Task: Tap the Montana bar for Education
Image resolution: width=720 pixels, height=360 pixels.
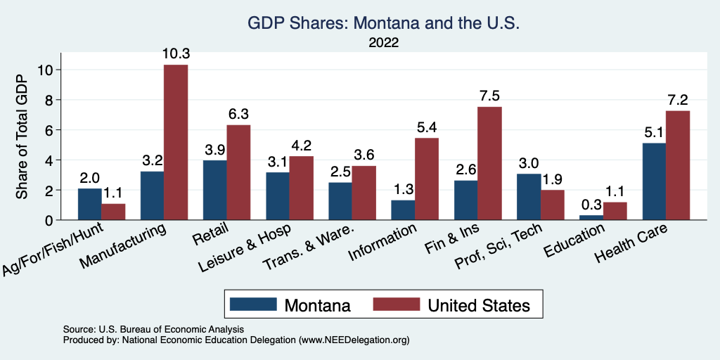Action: pyautogui.click(x=591, y=217)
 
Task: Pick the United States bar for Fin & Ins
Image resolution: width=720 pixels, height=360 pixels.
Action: pyautogui.click(x=490, y=163)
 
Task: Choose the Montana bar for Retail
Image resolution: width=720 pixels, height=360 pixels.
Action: pyautogui.click(x=214, y=190)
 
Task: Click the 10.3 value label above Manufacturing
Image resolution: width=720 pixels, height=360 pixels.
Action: pyautogui.click(x=176, y=54)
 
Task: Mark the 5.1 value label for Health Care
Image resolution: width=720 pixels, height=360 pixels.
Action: pyautogui.click(x=654, y=133)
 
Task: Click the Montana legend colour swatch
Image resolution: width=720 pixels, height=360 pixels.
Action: pyautogui.click(x=253, y=304)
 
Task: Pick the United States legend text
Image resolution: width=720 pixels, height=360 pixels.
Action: pyautogui.click(x=478, y=305)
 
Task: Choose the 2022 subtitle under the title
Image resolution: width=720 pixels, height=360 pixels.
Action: pyautogui.click(x=383, y=43)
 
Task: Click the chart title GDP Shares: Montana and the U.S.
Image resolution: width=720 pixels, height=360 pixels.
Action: pyautogui.click(x=383, y=23)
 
